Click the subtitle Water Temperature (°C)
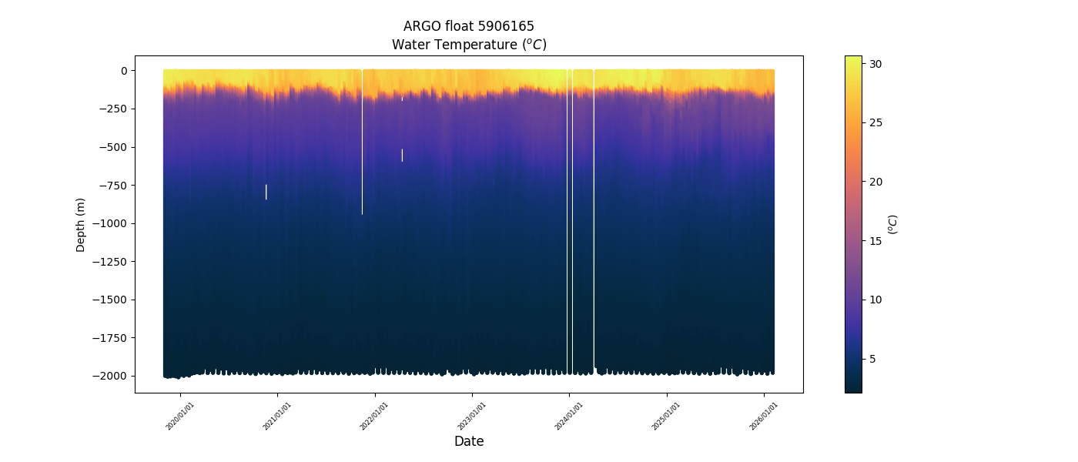coord(469,45)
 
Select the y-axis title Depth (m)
coord(81,225)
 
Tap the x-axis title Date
coord(469,441)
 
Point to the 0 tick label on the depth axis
coord(122,71)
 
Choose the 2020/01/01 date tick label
coord(180,416)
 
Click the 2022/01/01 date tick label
coord(375,416)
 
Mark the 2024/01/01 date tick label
coord(569,416)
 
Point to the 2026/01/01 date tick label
coord(764,416)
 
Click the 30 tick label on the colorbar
coord(875,64)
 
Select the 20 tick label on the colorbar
coord(875,182)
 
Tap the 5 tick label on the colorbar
coord(872,359)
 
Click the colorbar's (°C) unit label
coord(893,224)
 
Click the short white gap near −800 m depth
coord(266,192)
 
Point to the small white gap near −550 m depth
coord(402,155)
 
